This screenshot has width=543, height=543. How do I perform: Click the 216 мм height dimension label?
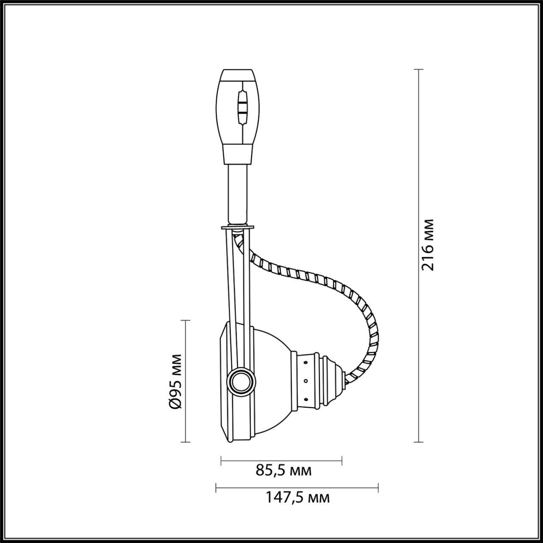pos(428,245)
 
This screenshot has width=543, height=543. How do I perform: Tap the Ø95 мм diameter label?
pos(175,381)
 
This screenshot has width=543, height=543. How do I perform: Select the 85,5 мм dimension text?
pos(284,470)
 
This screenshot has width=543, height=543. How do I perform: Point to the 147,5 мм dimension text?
pos(297,497)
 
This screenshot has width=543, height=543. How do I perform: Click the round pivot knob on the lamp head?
pos(241,381)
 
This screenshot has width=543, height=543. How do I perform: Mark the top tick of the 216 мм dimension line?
pos(418,69)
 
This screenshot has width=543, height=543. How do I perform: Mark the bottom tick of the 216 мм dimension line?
pos(418,442)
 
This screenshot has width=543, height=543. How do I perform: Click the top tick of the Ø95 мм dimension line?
pos(185,321)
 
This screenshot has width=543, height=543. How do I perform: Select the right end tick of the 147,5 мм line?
pos(378,488)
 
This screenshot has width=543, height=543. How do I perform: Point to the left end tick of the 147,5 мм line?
pos(216,488)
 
